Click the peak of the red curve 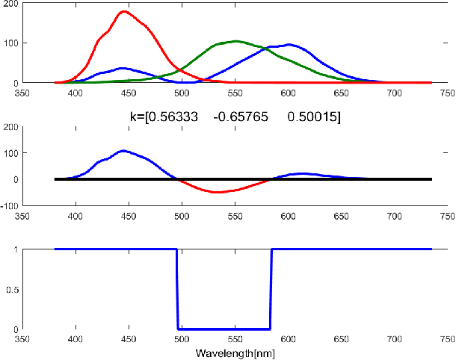[123, 12]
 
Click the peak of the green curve [235, 41]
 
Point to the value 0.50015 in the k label [313, 117]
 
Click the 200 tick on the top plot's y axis [11, 3]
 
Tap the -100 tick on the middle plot [10, 205]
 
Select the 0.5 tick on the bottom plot [11, 289]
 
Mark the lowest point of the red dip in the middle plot [218, 193]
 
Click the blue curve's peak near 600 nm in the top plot [289, 44]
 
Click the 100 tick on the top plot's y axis [11, 43]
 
